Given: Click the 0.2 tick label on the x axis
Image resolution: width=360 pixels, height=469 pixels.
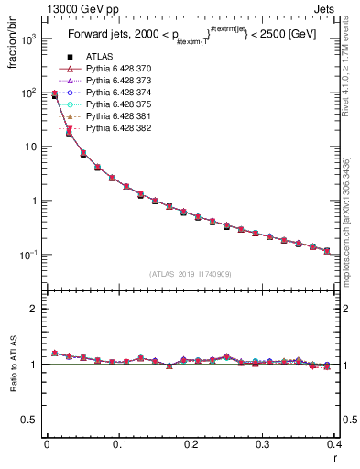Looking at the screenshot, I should pos(190,444).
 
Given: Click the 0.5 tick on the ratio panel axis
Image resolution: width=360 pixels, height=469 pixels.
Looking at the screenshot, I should pos(31,420).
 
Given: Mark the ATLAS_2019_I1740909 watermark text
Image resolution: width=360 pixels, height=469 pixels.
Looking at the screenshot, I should pos(190,273).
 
